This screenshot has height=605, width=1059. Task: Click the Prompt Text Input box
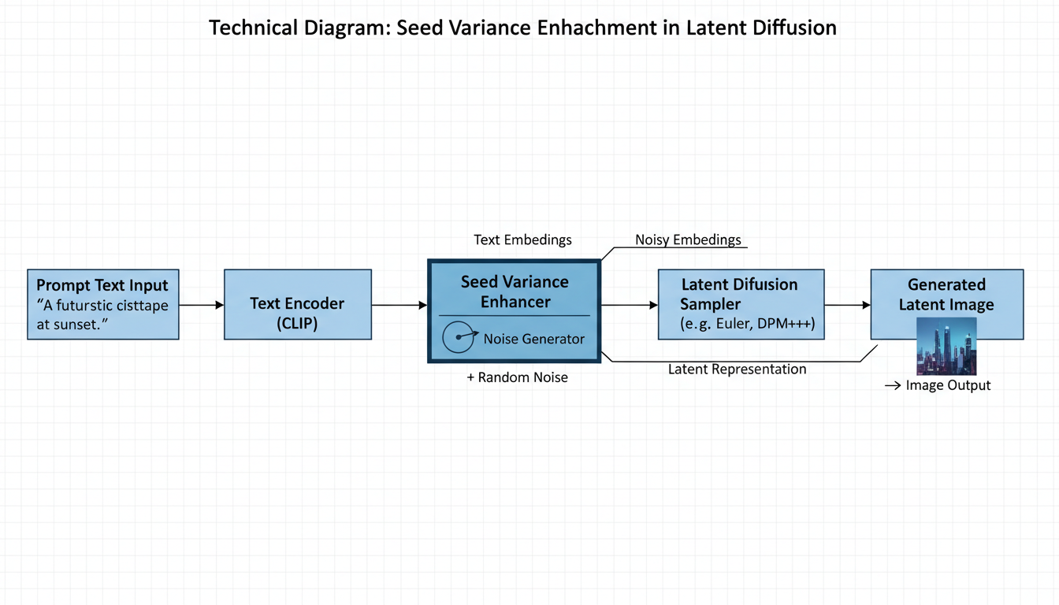point(103,304)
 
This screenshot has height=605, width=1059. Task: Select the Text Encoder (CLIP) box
point(297,304)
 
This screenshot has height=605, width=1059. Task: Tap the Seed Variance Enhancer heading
point(515,291)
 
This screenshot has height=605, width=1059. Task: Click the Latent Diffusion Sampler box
point(741,304)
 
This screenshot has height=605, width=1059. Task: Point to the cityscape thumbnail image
point(946,347)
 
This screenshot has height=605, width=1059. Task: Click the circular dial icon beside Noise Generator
point(459,338)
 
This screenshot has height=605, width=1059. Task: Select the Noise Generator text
point(534,339)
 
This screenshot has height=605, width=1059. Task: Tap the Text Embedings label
point(522,239)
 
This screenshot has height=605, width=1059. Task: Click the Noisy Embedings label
point(688,239)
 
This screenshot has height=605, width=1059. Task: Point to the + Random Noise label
point(517,377)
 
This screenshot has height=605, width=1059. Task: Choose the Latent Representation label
point(737,369)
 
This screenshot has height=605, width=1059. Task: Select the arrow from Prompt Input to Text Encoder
point(202,304)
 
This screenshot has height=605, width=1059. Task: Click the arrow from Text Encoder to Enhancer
point(399,304)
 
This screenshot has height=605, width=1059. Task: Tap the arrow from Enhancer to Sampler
point(629,304)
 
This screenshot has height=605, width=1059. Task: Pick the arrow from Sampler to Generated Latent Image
point(847,304)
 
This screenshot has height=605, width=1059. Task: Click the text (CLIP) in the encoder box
point(297,323)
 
